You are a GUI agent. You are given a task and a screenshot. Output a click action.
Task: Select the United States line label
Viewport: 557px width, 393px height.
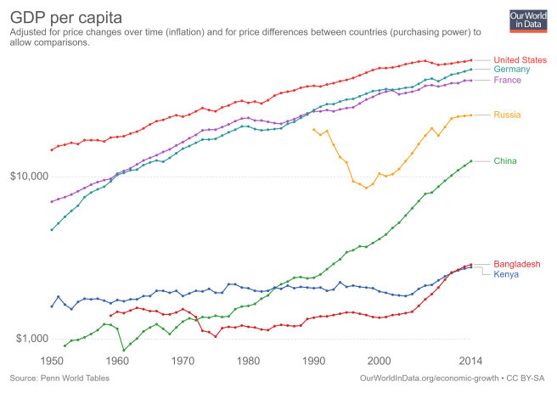click(x=520, y=59)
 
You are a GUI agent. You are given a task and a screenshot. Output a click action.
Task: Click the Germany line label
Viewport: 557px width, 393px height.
click(x=513, y=69)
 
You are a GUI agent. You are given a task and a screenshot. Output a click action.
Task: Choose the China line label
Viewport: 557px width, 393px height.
click(x=508, y=161)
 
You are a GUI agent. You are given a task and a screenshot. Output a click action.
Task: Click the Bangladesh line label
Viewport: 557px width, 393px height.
click(x=517, y=265)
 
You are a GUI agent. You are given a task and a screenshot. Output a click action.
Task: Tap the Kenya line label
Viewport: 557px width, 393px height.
click(x=508, y=275)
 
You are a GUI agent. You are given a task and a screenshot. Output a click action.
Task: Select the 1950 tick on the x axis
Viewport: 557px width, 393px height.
click(x=52, y=360)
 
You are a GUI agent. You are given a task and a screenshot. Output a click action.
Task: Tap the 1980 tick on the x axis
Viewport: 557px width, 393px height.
click(x=248, y=360)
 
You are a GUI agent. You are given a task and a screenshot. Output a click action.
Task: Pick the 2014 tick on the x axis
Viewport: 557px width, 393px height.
click(x=470, y=360)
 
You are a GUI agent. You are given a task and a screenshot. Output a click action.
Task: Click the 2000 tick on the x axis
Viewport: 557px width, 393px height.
click(x=379, y=360)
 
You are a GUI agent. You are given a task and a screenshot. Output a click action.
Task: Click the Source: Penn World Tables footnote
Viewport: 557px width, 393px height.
click(x=59, y=376)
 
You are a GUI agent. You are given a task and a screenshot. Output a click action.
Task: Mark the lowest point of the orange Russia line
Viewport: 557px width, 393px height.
click(x=366, y=187)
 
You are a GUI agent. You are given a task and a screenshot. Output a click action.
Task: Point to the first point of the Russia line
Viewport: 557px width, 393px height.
click(x=313, y=129)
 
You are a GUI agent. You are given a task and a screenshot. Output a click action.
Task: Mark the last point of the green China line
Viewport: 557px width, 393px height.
click(x=470, y=161)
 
